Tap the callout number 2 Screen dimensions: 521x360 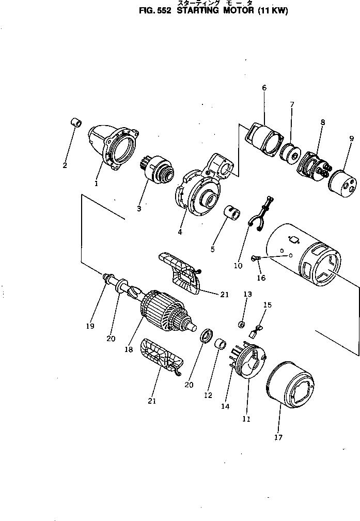(65, 165)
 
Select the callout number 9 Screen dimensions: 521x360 (351, 139)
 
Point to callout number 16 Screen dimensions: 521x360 (261, 278)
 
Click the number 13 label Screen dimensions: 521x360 (247, 294)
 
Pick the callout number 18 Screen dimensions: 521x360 (129, 349)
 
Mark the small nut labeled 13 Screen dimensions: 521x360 (241, 324)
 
